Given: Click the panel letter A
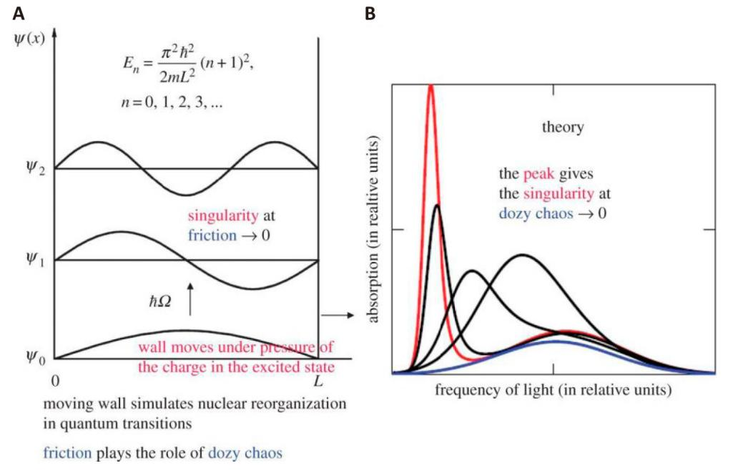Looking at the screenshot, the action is [19, 14].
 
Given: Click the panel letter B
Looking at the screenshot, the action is [370, 14].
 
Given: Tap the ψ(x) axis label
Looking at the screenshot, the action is [30, 39].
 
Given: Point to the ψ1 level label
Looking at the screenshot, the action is [36, 259].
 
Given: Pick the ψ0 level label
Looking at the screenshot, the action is [36, 356].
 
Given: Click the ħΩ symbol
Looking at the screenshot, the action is [160, 301].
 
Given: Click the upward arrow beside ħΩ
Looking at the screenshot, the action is [190, 298].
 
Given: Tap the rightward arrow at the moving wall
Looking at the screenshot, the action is [338, 315].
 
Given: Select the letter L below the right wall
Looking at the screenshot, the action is [318, 381].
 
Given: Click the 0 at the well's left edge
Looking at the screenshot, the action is [56, 381].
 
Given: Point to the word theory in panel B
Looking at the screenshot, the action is [563, 127].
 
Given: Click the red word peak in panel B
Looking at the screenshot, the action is [538, 174].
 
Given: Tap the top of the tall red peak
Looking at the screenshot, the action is [430, 85].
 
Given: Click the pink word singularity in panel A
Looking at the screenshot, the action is [223, 216].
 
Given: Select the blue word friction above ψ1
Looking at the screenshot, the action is [212, 235].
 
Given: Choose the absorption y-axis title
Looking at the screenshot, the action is [374, 230].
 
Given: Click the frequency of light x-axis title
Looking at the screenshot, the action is [553, 390].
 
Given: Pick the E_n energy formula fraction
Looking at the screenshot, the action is [177, 64].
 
